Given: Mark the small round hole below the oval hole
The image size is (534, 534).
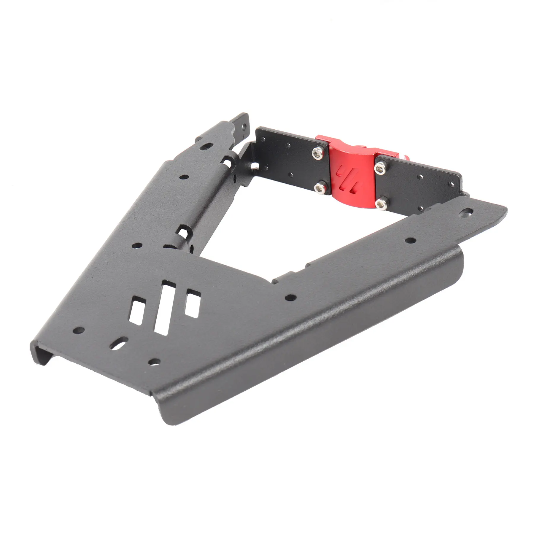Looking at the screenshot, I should tap(154, 361).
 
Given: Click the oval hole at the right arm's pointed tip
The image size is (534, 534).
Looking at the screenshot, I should tap(468, 212).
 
